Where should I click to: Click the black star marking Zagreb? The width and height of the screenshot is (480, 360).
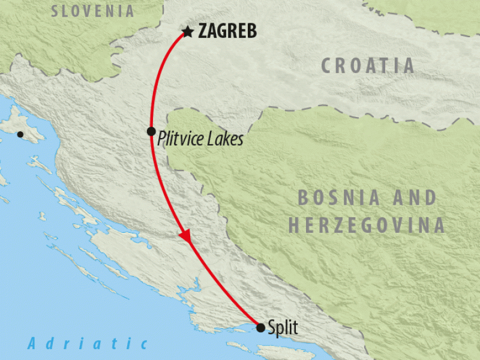point(188,31)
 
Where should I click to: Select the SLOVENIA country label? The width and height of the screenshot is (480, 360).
point(92,11)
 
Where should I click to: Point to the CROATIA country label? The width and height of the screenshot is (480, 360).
point(367,65)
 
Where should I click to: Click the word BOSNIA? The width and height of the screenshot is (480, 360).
point(340,197)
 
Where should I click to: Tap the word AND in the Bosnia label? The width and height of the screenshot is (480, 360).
point(414,197)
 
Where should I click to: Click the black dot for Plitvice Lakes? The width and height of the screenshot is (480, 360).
point(151,131)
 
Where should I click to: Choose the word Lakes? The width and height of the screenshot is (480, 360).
point(229,139)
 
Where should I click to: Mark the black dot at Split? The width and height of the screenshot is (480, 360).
point(260,328)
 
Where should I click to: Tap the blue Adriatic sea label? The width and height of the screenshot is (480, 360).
point(88,344)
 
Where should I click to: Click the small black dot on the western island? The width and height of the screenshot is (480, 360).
point(21,134)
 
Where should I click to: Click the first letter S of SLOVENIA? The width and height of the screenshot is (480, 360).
point(56,11)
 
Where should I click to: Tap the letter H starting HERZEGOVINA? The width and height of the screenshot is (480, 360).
point(295,226)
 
